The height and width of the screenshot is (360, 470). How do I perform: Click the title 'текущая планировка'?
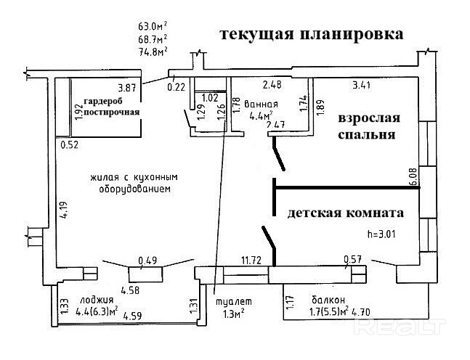(x=312, y=34)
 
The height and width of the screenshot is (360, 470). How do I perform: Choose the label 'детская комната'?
(x=346, y=214)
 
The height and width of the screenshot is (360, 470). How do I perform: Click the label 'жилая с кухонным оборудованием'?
(x=135, y=183)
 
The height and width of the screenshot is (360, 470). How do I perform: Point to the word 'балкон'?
(x=328, y=300)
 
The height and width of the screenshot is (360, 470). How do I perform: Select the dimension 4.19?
(x=65, y=210)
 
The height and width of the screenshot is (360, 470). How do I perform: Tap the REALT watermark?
(x=399, y=329)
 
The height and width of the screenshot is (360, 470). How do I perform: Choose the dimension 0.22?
(x=176, y=87)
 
